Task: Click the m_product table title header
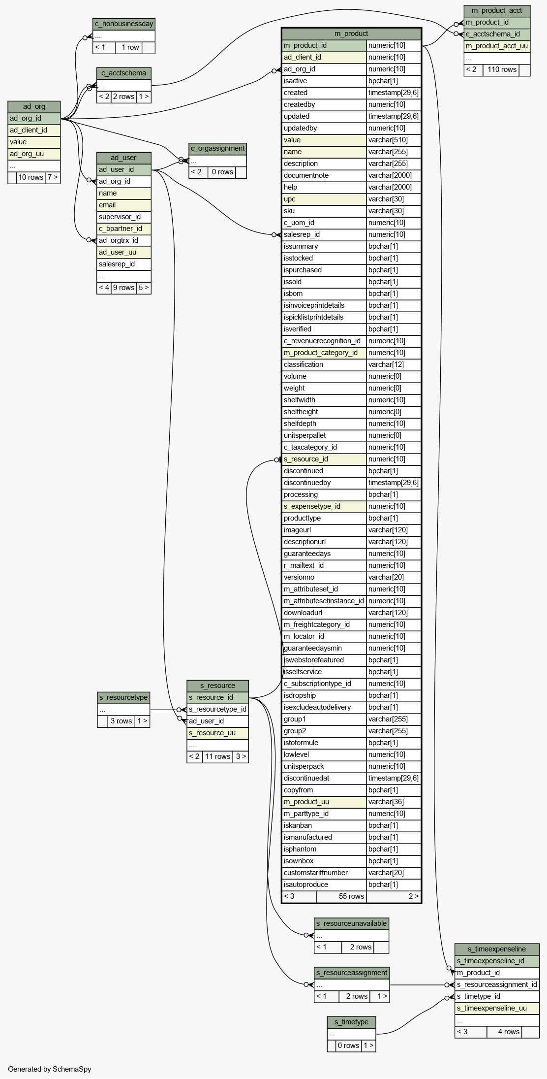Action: click(351, 33)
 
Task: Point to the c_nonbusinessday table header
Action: click(124, 24)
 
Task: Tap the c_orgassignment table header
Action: click(217, 148)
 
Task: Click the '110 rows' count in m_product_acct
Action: click(502, 69)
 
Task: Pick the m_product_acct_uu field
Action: click(497, 46)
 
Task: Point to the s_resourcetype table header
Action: click(123, 697)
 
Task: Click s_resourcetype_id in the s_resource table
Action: click(217, 709)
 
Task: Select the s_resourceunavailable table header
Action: click(351, 923)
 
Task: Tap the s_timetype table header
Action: click(351, 1022)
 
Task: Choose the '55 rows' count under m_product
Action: click(351, 896)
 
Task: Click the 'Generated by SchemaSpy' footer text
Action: click(50, 1069)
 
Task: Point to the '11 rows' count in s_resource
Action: click(217, 756)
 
